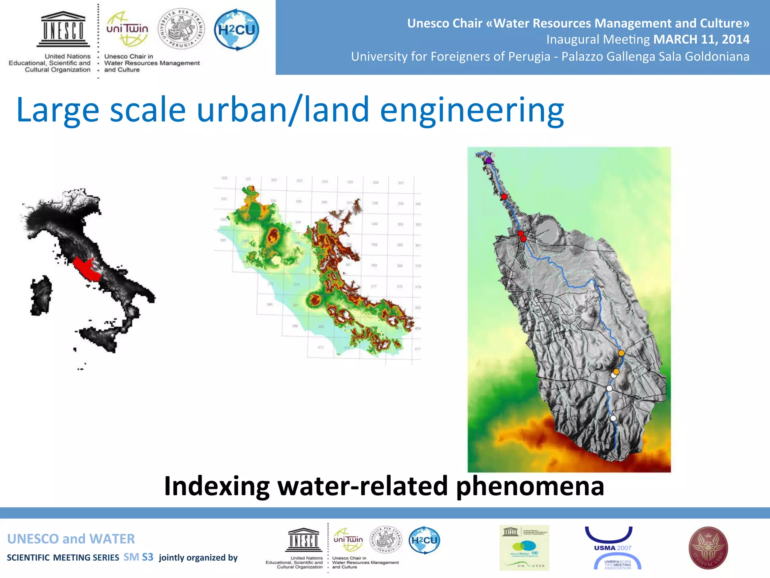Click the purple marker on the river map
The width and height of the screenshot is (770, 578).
[x=489, y=161]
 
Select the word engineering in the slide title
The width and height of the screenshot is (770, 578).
[x=472, y=110]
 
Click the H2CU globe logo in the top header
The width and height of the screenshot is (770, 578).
[x=236, y=30]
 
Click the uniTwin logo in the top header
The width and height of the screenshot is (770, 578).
[x=127, y=29]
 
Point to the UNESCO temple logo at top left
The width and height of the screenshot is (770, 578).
[x=63, y=29]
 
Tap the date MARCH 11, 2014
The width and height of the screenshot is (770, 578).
[x=701, y=40]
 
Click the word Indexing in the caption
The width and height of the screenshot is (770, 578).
[x=217, y=486]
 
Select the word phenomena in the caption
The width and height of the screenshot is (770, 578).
[x=530, y=486]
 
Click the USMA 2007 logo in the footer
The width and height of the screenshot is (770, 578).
[x=613, y=548]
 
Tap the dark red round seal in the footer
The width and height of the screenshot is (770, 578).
[x=708, y=548]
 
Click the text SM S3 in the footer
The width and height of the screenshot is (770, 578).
[x=138, y=557]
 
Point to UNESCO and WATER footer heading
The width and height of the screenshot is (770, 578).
[x=71, y=539]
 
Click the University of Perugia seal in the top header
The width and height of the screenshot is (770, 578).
[x=182, y=29]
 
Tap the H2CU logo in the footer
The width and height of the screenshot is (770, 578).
[x=424, y=540]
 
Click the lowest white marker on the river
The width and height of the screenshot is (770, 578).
[x=613, y=418]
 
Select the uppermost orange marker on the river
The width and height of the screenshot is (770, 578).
[x=621, y=353]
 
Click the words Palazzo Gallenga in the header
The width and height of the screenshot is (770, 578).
[x=600, y=56]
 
